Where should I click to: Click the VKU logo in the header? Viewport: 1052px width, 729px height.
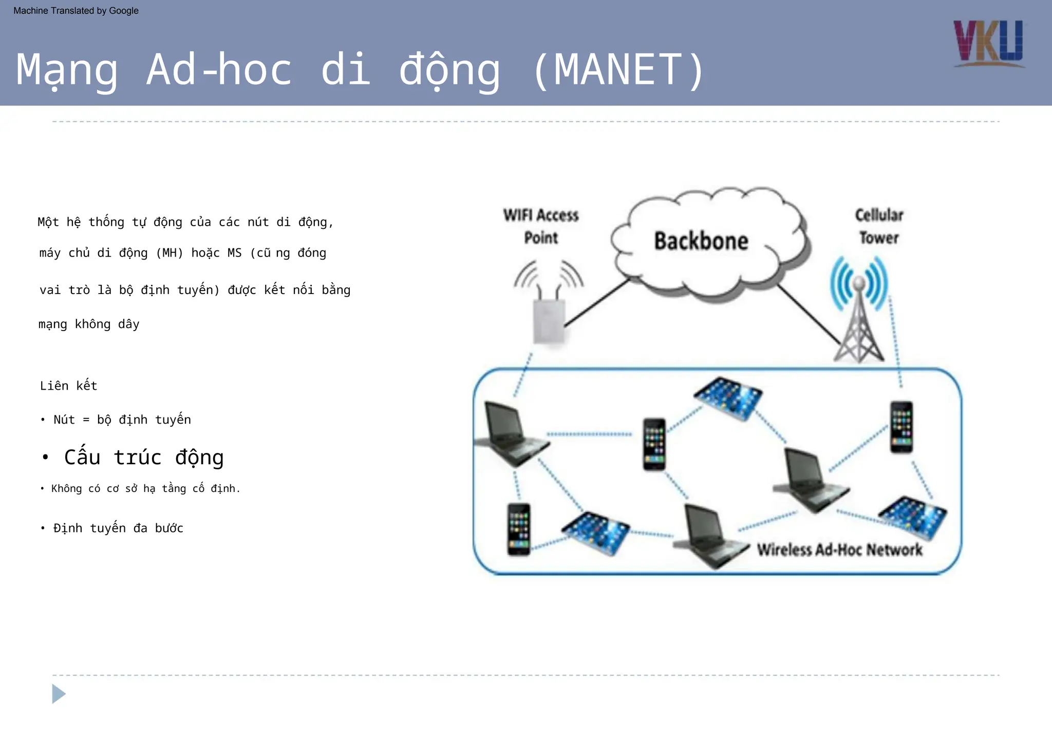click(x=988, y=43)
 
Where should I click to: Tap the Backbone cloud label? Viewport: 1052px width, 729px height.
click(x=701, y=241)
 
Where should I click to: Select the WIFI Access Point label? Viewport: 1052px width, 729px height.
click(x=541, y=226)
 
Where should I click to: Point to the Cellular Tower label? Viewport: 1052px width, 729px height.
click(x=879, y=226)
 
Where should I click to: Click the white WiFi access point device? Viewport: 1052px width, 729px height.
click(x=549, y=321)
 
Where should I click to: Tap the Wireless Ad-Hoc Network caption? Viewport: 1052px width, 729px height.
click(x=839, y=550)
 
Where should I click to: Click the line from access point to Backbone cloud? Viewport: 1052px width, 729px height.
click(x=597, y=303)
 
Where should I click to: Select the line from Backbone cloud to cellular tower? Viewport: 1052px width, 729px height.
click(x=809, y=314)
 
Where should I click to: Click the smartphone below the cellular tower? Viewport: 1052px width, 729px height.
click(x=901, y=427)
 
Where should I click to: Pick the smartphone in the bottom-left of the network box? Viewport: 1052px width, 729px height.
click(x=518, y=529)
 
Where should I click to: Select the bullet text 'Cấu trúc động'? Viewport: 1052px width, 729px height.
click(x=143, y=457)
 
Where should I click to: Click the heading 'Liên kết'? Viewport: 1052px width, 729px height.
click(x=68, y=386)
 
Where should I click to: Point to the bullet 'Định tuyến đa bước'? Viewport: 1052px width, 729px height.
click(x=118, y=528)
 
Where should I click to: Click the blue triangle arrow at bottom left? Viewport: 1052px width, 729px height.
click(x=59, y=694)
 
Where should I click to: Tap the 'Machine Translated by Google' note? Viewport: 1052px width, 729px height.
click(x=76, y=11)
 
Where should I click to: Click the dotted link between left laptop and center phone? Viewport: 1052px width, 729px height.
click(x=589, y=434)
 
